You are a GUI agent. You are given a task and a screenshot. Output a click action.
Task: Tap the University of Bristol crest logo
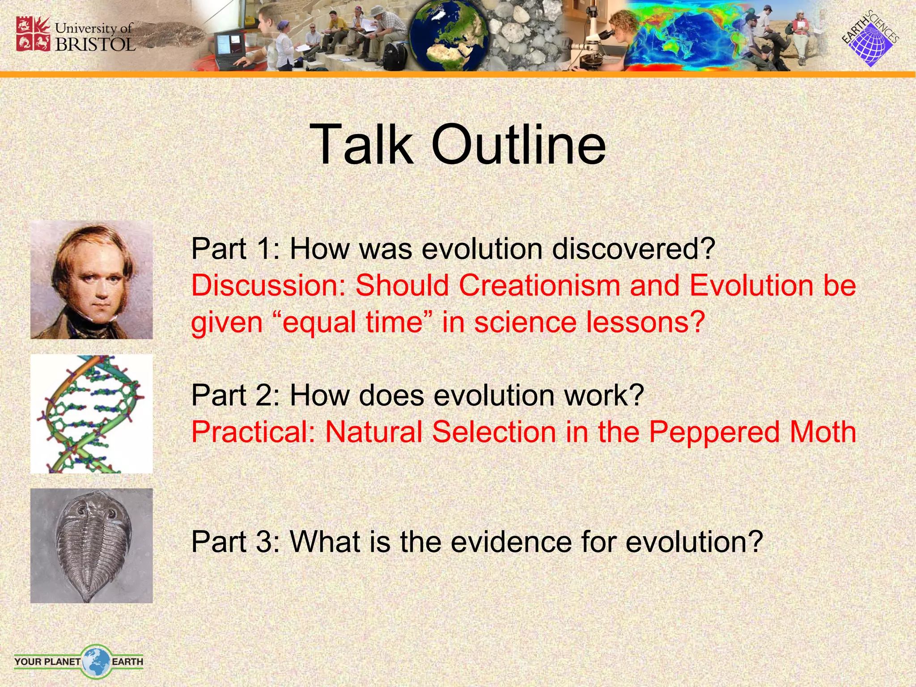pos(33,34)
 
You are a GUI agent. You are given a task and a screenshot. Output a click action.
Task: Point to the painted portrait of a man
pos(91,280)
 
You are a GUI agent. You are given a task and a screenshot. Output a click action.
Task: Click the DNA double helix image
pos(91,414)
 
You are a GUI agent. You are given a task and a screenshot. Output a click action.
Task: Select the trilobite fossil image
pos(91,546)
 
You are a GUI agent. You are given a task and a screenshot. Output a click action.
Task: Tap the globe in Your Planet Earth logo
pos(96,661)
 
